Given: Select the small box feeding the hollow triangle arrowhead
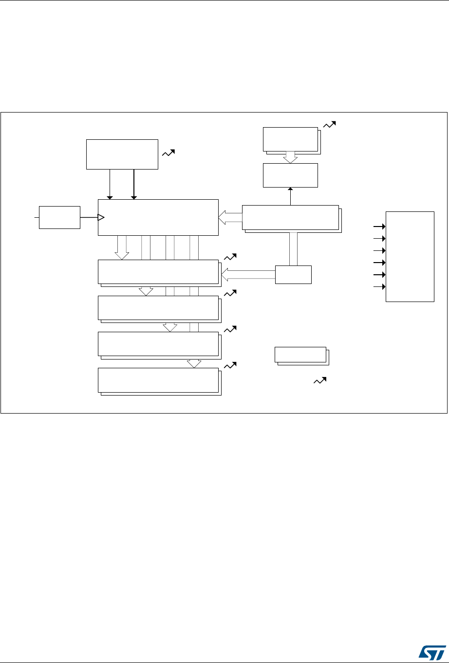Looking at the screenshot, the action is [59, 217].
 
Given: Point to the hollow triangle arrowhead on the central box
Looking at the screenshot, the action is [101, 217].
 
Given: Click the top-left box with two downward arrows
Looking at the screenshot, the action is [122, 154].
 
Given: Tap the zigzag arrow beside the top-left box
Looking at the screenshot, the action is [168, 153].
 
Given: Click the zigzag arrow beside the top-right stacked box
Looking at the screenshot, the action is [329, 125].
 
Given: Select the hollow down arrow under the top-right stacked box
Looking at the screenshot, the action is [290, 158].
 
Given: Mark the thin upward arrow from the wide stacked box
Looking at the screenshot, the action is [290, 196].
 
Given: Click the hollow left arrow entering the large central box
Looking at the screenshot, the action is [230, 218].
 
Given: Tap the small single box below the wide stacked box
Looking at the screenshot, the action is [293, 275].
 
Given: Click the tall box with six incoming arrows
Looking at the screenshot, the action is [410, 256].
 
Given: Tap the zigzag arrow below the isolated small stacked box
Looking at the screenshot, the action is [319, 381].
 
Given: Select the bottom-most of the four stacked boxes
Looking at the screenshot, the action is [159, 380].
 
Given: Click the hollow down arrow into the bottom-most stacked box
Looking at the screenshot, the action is [194, 363].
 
